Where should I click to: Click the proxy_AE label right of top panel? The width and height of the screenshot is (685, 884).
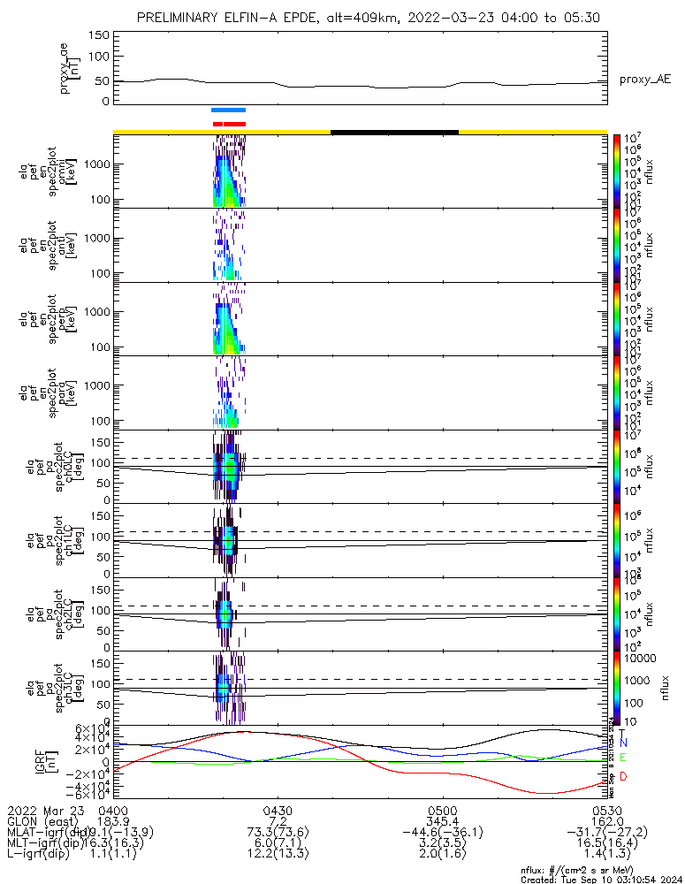tap(644, 80)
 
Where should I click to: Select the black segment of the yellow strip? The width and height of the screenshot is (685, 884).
tap(394, 132)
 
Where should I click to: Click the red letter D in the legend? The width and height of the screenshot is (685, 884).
tap(623, 777)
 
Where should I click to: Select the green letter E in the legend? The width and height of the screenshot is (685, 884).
tap(623, 758)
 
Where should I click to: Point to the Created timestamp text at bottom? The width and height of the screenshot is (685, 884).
tap(601, 880)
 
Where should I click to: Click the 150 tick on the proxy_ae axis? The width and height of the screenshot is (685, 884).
tap(99, 34)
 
